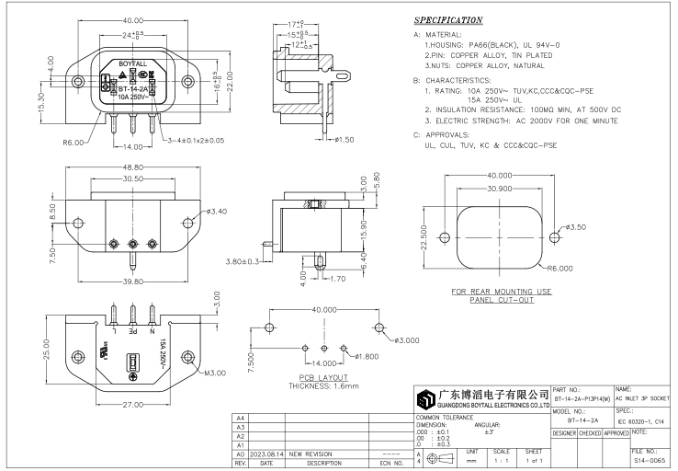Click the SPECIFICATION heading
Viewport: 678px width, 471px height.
tap(448, 20)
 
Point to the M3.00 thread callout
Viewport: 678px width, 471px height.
tap(214, 373)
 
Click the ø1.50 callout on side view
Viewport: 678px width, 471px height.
tap(344, 139)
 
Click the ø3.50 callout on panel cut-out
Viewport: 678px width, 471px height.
tap(575, 227)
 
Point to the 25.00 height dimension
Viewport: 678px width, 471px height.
tap(46, 350)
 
